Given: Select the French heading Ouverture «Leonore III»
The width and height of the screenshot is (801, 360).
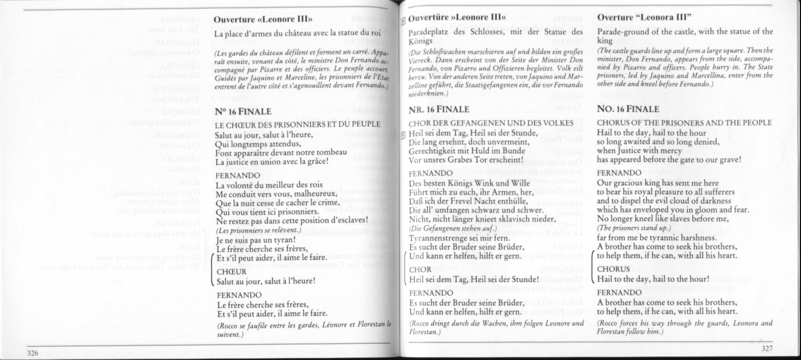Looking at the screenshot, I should pyautogui.click(x=263, y=20).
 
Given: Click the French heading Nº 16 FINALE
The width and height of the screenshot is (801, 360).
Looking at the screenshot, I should pyautogui.click(x=243, y=111).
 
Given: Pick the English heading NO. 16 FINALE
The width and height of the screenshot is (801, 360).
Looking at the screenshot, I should pyautogui.click(x=628, y=109).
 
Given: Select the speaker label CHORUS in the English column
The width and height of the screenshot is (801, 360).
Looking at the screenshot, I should pyautogui.click(x=613, y=269).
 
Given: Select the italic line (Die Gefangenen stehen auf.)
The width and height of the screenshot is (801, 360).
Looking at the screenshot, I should pyautogui.click(x=448, y=229).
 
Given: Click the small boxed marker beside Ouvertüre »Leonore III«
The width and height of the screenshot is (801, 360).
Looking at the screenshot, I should pyautogui.click(x=402, y=20).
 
